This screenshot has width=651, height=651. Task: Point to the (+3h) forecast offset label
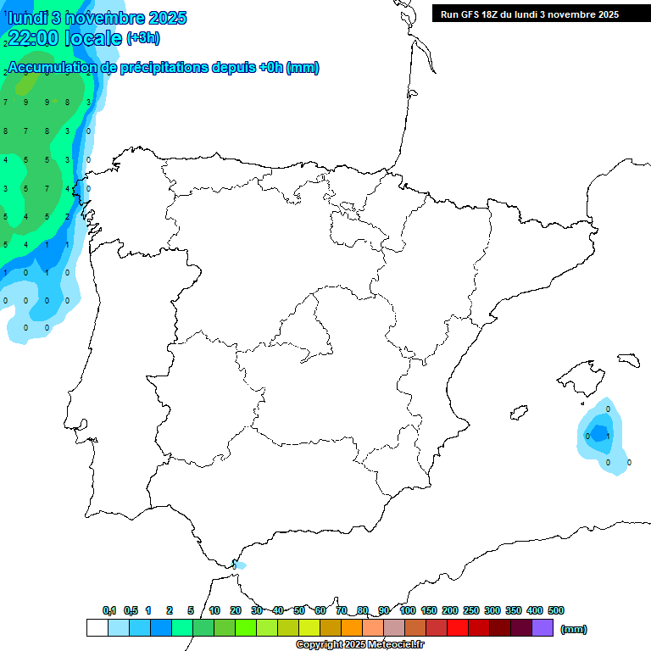[142, 38]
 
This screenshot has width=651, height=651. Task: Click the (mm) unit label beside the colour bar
[574, 629]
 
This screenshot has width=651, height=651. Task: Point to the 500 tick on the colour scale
[555, 610]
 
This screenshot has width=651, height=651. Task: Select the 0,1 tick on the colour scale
[109, 610]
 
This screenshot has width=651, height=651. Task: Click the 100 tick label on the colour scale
[407, 610]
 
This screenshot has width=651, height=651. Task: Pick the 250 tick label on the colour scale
[471, 610]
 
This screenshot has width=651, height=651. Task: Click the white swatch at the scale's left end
[97, 627]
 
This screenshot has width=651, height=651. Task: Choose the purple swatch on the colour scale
[542, 627]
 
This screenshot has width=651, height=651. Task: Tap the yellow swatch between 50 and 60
[309, 627]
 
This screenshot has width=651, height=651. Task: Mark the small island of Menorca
[628, 359]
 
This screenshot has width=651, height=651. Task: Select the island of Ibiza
[519, 413]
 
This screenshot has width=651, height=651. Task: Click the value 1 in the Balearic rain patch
[608, 436]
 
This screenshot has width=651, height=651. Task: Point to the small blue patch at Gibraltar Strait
[238, 565]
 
